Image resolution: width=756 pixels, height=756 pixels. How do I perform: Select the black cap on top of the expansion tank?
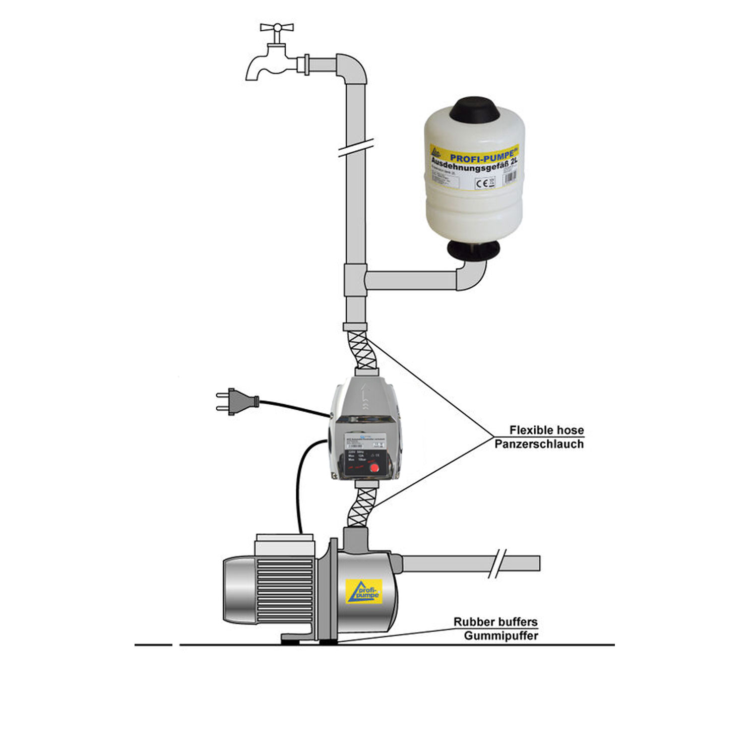(475, 110)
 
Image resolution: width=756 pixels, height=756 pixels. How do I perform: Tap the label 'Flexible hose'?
(546, 430)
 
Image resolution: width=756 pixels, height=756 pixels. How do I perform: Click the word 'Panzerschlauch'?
(539, 444)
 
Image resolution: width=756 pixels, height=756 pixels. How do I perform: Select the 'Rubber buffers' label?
(495, 622)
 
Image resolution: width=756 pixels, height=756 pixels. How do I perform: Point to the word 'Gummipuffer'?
(500, 636)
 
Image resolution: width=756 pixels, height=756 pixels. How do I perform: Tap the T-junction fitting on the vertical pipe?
(355, 280)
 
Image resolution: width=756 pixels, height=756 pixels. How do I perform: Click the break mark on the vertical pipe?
(356, 147)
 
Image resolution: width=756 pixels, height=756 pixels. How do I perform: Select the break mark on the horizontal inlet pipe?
(496, 563)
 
